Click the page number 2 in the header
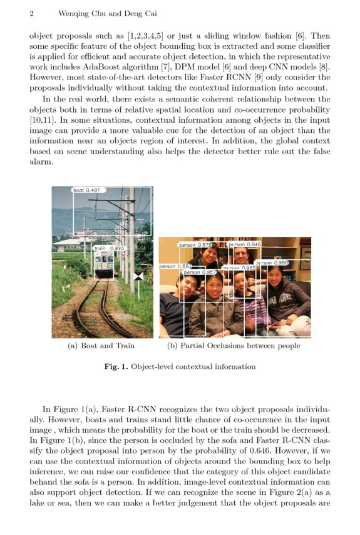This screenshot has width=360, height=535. (31, 13)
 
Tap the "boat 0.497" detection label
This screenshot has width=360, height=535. (87, 190)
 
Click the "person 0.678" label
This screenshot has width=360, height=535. (196, 245)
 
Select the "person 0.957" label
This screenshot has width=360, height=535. (200, 273)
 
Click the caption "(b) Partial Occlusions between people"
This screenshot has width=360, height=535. (234, 345)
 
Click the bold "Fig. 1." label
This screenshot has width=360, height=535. (116, 366)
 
